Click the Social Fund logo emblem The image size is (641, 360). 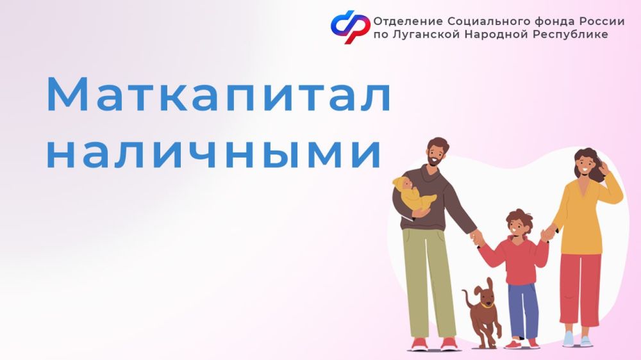point(351,26)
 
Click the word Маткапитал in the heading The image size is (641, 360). point(219,94)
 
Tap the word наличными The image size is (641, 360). point(213,154)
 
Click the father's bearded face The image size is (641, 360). point(435,153)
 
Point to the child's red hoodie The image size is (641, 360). point(516,260)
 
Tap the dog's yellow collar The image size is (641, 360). point(487,304)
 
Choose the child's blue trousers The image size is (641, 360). point(523,310)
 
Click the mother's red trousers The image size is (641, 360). point(581,290)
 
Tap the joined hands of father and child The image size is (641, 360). point(477,238)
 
